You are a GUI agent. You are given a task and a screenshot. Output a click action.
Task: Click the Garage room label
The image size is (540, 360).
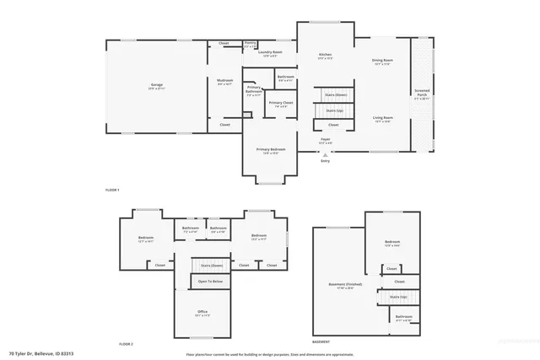(157, 85)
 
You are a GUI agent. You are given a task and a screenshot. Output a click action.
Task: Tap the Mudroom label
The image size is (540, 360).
(225, 81)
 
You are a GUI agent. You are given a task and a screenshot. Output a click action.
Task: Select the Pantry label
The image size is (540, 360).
(250, 42)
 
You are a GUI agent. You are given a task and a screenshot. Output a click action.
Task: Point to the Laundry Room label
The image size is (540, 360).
(270, 52)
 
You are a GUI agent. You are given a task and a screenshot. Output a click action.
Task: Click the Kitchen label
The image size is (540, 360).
(325, 56)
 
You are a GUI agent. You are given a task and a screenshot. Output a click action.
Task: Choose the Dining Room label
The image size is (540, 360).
(382, 60)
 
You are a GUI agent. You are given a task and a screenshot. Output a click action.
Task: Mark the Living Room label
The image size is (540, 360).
(383, 118)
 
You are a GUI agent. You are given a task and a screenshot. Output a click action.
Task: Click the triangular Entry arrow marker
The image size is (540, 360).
(325, 153)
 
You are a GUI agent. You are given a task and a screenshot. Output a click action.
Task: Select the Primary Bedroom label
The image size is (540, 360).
(271, 149)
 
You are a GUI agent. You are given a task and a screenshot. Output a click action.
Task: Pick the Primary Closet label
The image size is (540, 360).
(280, 103)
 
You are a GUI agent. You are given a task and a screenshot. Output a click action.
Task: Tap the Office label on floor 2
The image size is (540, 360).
(202, 312)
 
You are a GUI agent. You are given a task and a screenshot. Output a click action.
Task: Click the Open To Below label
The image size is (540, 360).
(210, 281)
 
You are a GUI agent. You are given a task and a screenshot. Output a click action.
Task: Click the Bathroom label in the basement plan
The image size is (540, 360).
(403, 317)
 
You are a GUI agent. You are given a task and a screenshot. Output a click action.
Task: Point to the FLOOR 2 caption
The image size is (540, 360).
(126, 344)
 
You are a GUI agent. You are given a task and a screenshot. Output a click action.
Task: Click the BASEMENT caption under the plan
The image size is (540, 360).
(321, 342)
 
